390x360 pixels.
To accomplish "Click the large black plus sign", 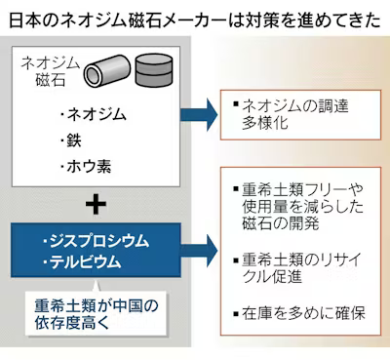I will (94, 205).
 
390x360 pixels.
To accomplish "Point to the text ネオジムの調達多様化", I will (292, 113).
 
